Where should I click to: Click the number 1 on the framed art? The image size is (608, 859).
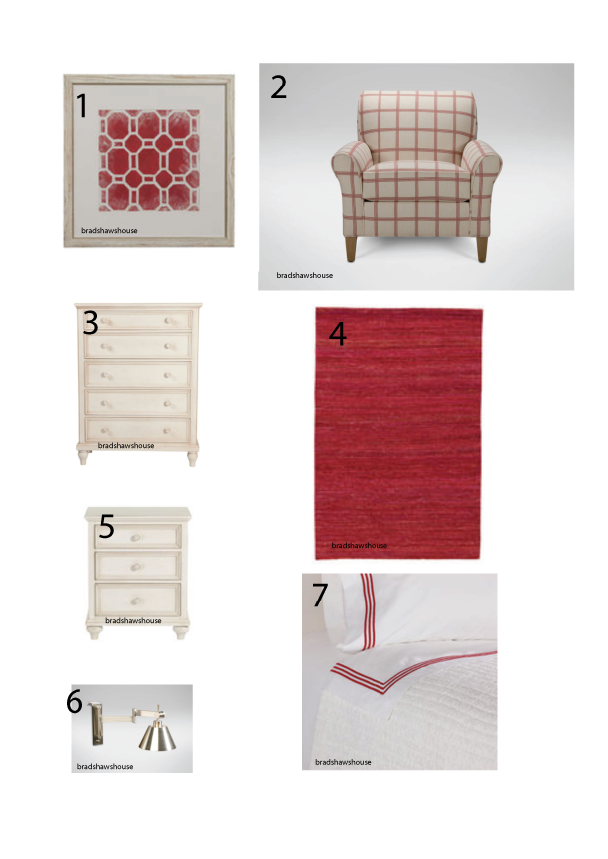coord(82,105)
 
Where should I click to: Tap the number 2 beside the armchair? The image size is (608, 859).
coord(278,87)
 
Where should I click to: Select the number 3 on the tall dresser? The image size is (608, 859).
coord(90,323)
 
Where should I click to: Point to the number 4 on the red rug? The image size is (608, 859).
coord(338,334)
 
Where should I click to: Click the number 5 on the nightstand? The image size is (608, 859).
coord(106,527)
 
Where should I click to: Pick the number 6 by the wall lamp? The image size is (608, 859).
coord(75,702)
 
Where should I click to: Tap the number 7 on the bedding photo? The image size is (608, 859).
coord(320,596)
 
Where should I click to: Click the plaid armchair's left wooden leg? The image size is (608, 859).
coord(350,249)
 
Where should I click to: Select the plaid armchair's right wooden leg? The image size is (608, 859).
coord(481,250)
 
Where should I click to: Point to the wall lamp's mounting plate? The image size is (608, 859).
coord(97,725)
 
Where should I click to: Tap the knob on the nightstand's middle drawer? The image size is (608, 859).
coord(137,567)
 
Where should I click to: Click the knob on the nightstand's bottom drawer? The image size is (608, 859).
coord(137,601)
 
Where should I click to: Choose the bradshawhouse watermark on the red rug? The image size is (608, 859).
coord(359,545)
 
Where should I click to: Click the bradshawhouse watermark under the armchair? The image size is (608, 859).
coord(305,275)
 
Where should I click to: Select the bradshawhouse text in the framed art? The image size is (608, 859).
coord(109,230)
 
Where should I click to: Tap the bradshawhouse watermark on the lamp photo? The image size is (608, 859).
coord(105,766)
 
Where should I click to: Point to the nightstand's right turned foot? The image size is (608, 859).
coord(180,631)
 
